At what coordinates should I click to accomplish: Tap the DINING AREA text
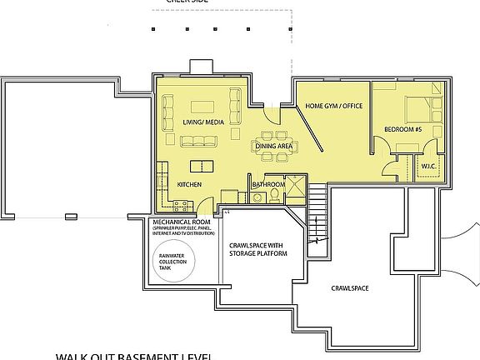[x=274, y=146]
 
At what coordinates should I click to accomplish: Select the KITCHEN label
[x=188, y=184]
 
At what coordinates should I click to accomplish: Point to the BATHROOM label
[x=268, y=184]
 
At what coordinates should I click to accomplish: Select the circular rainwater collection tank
[x=174, y=261]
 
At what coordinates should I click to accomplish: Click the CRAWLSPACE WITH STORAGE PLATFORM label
[x=257, y=247]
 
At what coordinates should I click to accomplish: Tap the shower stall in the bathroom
[x=295, y=188]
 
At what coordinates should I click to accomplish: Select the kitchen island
[x=201, y=165]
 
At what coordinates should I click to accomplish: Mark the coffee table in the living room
[x=203, y=106]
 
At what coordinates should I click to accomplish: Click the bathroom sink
[x=254, y=195]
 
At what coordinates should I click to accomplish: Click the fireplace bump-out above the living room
[x=202, y=67]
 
